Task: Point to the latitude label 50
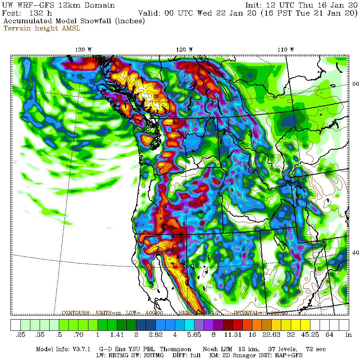(x=355, y=84)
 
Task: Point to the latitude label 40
(x=355, y=252)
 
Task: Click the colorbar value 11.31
(x=232, y=334)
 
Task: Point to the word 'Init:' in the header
(x=255, y=5)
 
